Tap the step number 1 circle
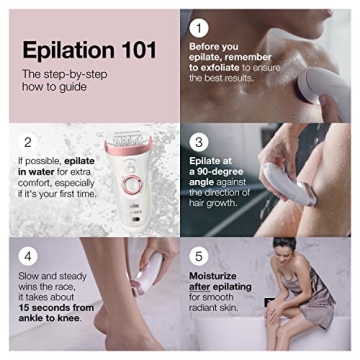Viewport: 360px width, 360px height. (201, 27)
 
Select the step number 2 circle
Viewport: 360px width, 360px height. (28, 142)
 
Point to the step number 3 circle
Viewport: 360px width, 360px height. (200, 142)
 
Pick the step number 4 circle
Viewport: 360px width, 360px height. (28, 256)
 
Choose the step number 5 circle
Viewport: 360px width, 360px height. (200, 256)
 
